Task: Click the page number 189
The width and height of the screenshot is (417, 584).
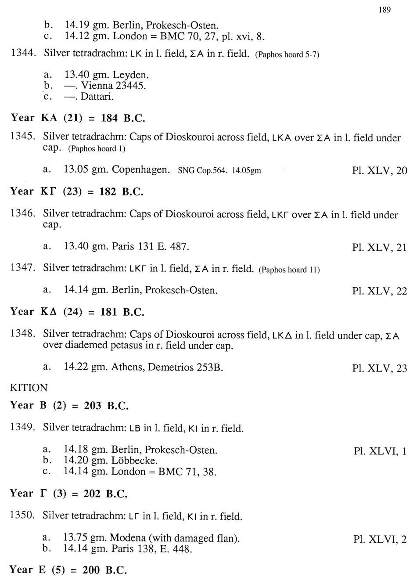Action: coord(384,10)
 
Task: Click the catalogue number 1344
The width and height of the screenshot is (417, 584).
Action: coord(23,53)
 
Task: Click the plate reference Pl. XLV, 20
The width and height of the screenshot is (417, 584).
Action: coord(379,170)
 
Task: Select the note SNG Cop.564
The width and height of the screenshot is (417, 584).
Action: coord(202,170)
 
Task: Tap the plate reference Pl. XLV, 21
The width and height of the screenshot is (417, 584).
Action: coord(379,247)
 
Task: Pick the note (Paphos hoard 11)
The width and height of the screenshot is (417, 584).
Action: coord(289,270)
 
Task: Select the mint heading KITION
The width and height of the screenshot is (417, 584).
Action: coord(29,388)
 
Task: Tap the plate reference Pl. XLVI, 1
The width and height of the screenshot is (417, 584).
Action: coord(380,451)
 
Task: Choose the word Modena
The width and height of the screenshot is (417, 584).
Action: coord(127,537)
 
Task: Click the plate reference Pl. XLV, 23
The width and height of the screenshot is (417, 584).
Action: coord(379,368)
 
